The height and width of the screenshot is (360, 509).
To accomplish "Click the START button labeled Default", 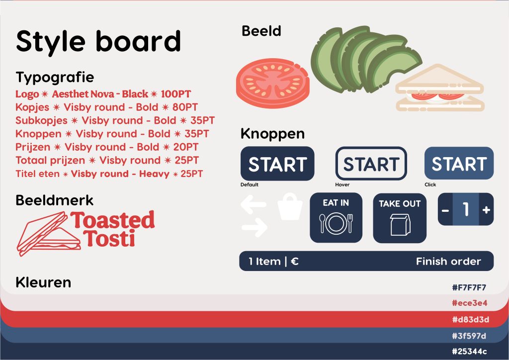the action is click(277, 164).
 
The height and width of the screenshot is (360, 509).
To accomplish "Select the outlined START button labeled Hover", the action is click(371, 164).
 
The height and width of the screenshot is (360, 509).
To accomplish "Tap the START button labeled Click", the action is click(459, 163).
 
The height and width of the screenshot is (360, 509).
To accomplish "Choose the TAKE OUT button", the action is click(400, 218).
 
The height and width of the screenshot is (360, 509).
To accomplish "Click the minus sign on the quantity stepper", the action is click(445, 210).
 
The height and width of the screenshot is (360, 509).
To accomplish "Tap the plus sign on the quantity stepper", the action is click(486, 210).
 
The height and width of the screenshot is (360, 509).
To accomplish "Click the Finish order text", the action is click(448, 262).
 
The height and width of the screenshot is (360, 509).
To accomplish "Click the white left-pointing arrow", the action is click(254, 204).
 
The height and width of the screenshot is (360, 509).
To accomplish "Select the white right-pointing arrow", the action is click(255, 227).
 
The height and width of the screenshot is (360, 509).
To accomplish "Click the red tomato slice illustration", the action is click(273, 83).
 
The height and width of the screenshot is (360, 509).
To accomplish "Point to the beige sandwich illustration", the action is click(440, 88).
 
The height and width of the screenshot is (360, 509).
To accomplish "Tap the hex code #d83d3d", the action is click(470, 319).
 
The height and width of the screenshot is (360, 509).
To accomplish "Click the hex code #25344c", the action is click(469, 351).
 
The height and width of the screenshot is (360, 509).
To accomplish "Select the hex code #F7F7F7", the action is click(469, 287).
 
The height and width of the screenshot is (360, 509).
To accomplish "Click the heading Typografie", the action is click(55, 78).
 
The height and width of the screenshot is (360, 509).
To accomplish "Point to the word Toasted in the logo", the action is click(113, 220).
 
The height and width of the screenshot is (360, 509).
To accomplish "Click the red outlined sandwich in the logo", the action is click(49, 233).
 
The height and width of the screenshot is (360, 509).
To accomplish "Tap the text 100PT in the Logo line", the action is click(175, 94).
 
